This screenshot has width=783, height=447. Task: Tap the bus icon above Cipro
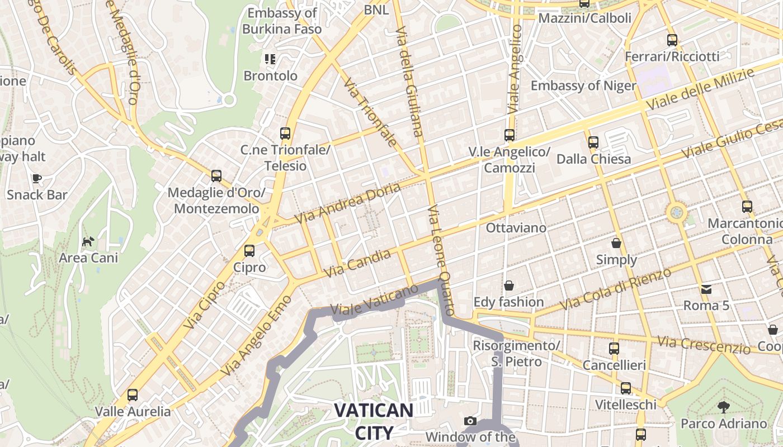coord(249,251)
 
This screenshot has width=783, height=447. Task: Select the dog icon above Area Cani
coord(88,241)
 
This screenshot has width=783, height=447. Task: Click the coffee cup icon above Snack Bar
coord(37,179)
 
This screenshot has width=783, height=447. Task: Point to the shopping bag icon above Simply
coord(616,243)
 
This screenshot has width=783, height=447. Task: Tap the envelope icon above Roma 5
coord(706,289)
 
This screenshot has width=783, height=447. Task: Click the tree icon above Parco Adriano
coord(724,407)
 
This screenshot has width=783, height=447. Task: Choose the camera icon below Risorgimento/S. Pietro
coord(470,421)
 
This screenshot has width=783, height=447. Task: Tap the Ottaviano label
coord(516,228)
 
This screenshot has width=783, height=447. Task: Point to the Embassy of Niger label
coord(583,85)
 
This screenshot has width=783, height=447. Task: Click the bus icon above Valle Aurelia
coord(133,395)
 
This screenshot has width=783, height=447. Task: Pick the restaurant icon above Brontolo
coord(271,59)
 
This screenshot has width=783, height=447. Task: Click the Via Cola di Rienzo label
coord(615,289)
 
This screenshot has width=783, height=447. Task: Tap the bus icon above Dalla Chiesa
coord(593,142)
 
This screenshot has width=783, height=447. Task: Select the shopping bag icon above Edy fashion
coord(508,286)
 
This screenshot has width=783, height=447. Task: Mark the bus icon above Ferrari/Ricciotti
coord(672,40)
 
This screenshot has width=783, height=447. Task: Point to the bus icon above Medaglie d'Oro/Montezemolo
coord(216,176)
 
